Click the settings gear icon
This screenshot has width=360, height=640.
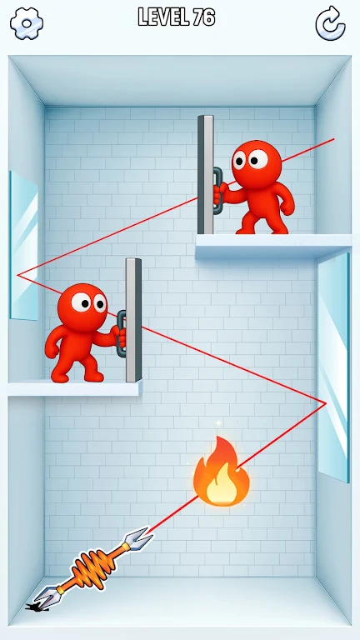(27, 23)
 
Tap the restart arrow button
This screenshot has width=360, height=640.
(330, 23)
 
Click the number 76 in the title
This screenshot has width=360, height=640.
(204, 17)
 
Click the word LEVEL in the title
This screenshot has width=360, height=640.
(163, 17)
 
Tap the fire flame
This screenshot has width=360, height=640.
(221, 472)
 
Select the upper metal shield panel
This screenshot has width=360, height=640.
(206, 175)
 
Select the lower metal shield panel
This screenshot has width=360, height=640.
(133, 320)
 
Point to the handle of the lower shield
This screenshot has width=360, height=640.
(121, 333)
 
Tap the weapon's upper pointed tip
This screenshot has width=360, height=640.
(152, 529)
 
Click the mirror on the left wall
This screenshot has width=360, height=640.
(24, 246)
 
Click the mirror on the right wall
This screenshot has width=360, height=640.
(333, 367)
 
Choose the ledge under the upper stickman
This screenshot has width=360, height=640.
(273, 246)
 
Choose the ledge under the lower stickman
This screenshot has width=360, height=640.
(75, 388)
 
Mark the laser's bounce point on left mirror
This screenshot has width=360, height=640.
(17, 276)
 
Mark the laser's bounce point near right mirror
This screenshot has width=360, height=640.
(326, 403)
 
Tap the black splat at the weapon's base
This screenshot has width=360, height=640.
(37, 607)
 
